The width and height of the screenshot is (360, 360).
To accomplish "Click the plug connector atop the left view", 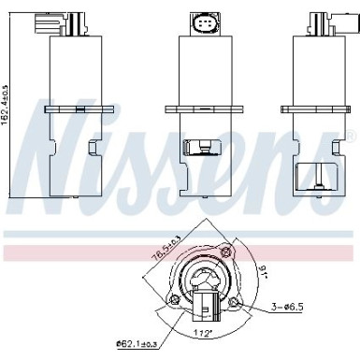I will (x=48, y=22).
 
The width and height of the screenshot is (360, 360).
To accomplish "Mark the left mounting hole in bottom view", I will (x=170, y=300).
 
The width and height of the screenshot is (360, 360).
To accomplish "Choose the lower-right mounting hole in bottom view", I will (x=244, y=305).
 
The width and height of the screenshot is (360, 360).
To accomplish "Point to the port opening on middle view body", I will (x=196, y=148).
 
